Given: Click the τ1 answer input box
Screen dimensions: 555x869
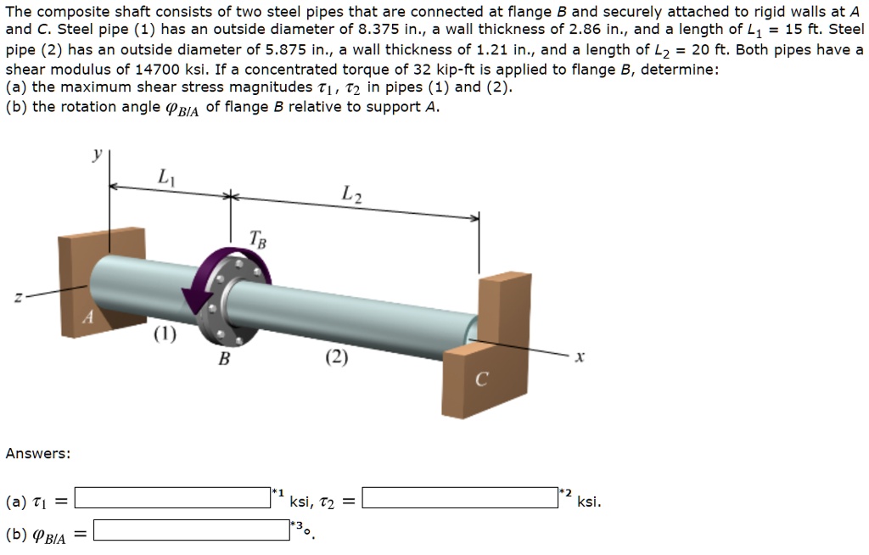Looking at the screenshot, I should [x=172, y=497].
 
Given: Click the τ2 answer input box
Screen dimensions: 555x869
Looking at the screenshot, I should [x=460, y=497].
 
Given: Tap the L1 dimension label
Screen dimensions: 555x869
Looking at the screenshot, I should [x=164, y=177].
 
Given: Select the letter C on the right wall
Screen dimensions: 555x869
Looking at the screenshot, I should [x=481, y=381].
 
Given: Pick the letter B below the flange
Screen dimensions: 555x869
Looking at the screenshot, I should [x=224, y=359].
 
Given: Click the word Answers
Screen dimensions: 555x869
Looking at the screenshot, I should [x=38, y=453].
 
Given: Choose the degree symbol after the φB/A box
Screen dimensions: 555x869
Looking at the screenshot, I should [x=308, y=534].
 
